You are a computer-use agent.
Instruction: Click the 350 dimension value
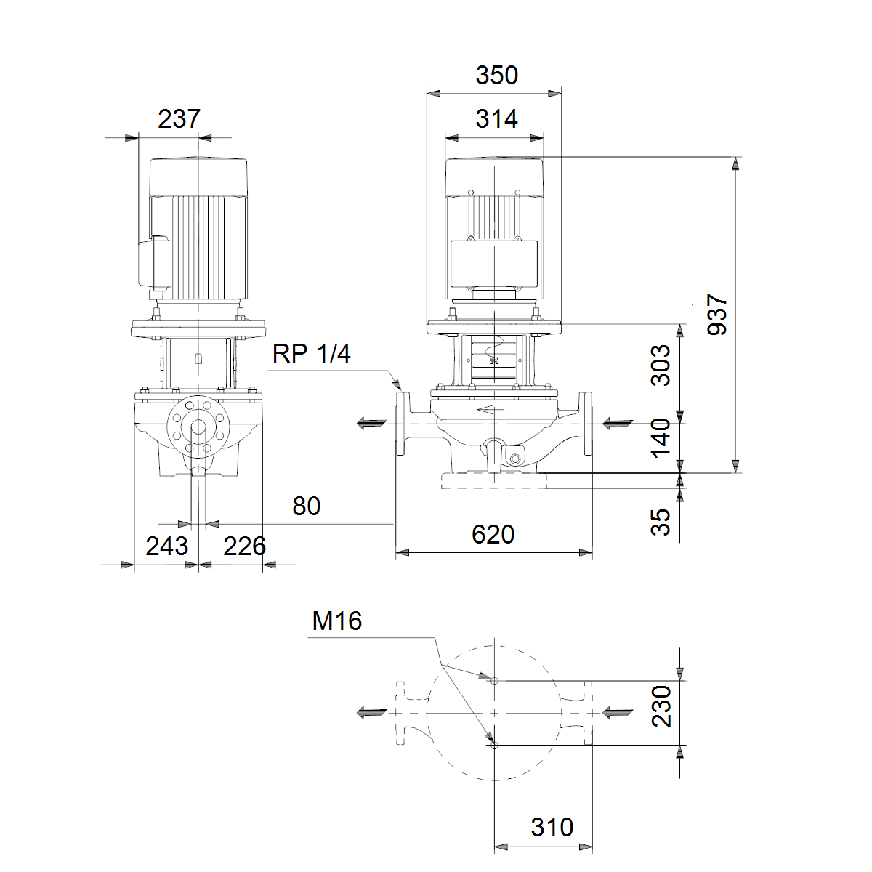point(496,75)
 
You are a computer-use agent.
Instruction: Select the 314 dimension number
point(496,119)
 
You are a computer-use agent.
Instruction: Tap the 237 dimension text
point(179,119)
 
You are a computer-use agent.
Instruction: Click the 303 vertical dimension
point(661,366)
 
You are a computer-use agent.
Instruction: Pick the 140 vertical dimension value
point(661,438)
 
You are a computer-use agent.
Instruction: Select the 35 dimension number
point(661,522)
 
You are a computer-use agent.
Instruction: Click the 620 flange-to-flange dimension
point(493,534)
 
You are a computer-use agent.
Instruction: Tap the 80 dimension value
point(307,506)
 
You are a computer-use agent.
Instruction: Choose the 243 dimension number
point(166,546)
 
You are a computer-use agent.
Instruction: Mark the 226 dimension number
point(244,546)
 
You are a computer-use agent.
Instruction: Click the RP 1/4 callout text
point(311,354)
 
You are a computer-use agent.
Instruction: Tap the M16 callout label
point(336,621)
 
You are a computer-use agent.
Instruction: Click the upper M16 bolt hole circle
point(494,681)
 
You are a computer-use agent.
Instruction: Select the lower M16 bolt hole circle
point(494,746)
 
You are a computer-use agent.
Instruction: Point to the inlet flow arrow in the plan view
point(618,713)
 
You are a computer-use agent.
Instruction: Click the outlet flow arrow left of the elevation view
point(372,424)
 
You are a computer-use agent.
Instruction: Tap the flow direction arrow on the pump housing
point(491,410)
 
